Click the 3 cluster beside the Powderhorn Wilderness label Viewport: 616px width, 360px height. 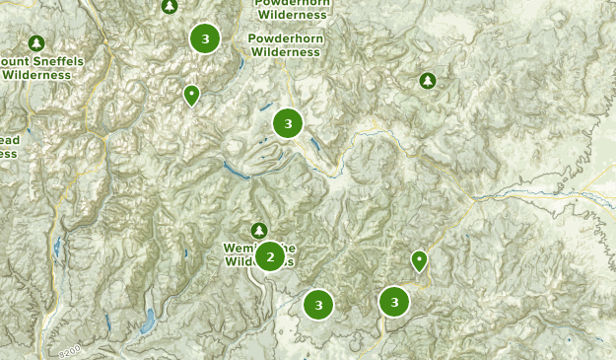pyautogui.click(x=205, y=38)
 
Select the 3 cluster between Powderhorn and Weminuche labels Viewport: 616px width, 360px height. pyautogui.click(x=288, y=123)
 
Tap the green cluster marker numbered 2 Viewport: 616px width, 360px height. pyautogui.click(x=270, y=257)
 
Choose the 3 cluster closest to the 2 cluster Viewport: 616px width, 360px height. pyautogui.click(x=317, y=305)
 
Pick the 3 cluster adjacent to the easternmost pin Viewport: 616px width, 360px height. pyautogui.click(x=394, y=302)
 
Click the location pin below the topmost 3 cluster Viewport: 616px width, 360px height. pyautogui.click(x=191, y=95)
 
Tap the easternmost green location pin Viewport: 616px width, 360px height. pyautogui.click(x=419, y=260)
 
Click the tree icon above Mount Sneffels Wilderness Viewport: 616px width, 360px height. pyautogui.click(x=36, y=43)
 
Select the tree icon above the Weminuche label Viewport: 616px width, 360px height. pyautogui.click(x=259, y=230)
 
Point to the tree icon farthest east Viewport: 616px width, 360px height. pyautogui.click(x=427, y=80)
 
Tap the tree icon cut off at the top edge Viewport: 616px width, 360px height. pyautogui.click(x=170, y=6)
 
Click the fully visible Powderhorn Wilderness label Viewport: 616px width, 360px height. pyautogui.click(x=286, y=45)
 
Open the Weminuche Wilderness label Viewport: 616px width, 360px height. pyautogui.click(x=258, y=254)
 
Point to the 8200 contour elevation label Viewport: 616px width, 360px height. pyautogui.click(x=70, y=351)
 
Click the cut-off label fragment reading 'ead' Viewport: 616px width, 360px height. pyautogui.click(x=9, y=140)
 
